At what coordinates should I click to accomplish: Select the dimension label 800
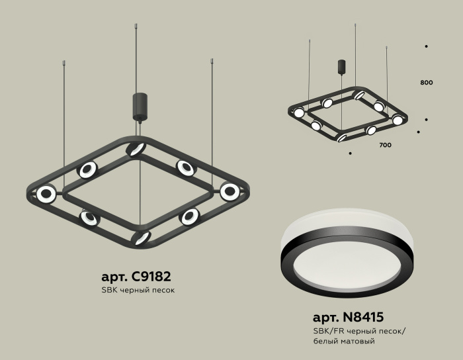[426, 83]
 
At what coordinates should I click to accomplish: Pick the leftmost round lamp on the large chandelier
[46, 194]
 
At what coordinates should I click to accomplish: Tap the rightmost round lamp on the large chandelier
[230, 192]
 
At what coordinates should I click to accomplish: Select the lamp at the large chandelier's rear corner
[136, 149]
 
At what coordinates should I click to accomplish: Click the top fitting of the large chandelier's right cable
[212, 62]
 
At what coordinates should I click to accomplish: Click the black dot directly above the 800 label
[426, 46]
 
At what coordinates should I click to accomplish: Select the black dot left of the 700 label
[350, 153]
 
